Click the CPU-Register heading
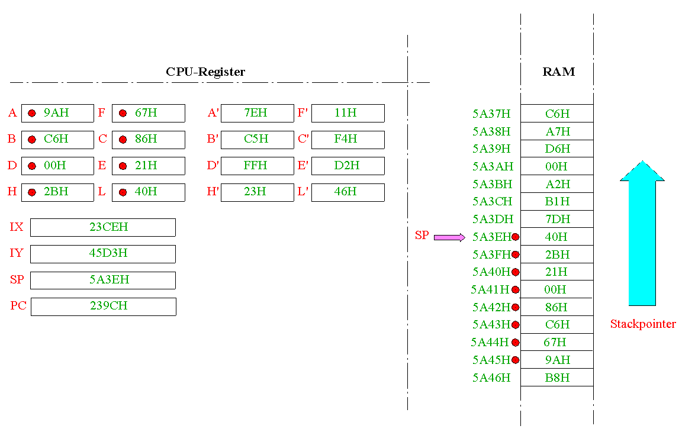[x=205, y=72]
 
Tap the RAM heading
[x=558, y=72]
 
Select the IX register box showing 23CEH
[x=103, y=227]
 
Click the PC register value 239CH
[x=109, y=305]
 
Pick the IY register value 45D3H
[x=108, y=253]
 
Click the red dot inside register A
[x=32, y=114]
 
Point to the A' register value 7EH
[x=255, y=113]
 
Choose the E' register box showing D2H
[x=348, y=166]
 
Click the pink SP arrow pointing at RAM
[x=450, y=237]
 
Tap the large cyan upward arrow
[x=642, y=233]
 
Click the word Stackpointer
[x=643, y=324]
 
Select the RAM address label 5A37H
[x=491, y=114]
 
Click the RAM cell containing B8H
[x=557, y=377]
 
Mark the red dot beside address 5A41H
[x=516, y=289]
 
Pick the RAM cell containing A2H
[x=557, y=184]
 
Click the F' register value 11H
[x=345, y=113]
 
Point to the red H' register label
[x=213, y=191]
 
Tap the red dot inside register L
[x=123, y=192]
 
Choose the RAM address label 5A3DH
[x=493, y=219]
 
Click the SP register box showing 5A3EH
[x=103, y=281]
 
